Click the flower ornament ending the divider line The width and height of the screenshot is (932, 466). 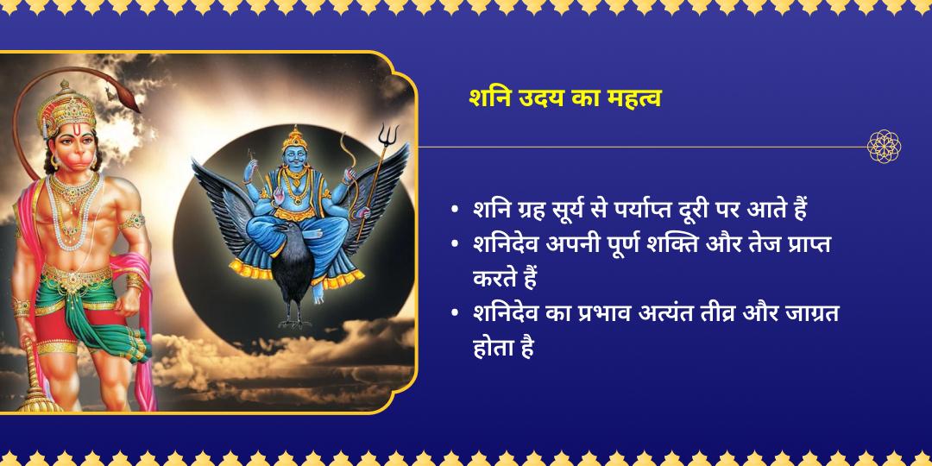pyautogui.click(x=884, y=147)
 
